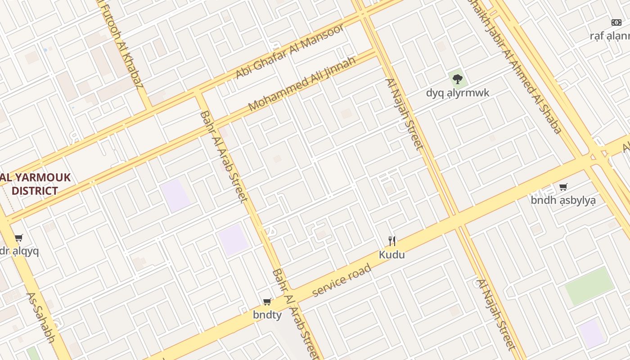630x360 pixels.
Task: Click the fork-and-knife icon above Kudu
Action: click(392, 241)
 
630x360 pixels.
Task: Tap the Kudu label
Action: click(391, 255)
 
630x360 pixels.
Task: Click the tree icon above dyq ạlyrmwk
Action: click(458, 79)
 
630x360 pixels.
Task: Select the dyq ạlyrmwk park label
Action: click(458, 93)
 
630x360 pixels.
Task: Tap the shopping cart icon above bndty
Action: click(267, 301)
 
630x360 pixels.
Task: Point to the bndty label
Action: click(267, 315)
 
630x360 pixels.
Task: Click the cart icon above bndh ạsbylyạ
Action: click(563, 187)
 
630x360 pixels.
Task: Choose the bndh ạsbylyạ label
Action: click(563, 200)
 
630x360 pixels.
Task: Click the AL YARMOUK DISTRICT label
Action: click(35, 184)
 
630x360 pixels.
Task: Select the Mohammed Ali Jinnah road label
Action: click(301, 84)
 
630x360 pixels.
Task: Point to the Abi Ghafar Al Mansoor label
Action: click(290, 51)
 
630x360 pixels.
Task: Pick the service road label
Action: click(342, 280)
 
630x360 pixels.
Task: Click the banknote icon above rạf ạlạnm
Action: click(616, 22)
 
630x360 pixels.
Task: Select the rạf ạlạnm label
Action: click(610, 36)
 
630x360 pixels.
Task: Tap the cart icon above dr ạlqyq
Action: click(18, 238)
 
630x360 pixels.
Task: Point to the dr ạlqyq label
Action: click(19, 251)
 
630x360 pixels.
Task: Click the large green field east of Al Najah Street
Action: click(589, 286)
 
